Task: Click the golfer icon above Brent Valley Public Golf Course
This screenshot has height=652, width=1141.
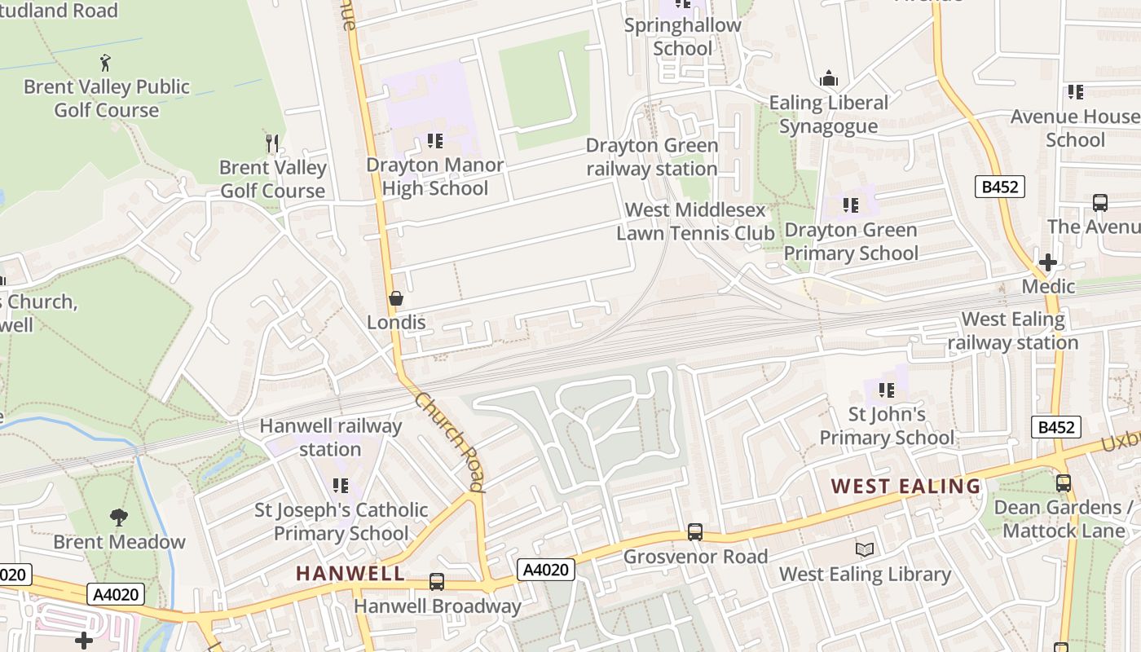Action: pyautogui.click(x=104, y=62)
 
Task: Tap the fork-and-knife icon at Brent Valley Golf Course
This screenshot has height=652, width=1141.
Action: pyautogui.click(x=272, y=143)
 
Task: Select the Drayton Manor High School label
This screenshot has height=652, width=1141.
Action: pyautogui.click(x=435, y=177)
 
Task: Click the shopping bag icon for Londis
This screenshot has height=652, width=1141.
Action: pyautogui.click(x=395, y=298)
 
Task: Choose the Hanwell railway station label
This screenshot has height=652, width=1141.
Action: pyautogui.click(x=330, y=438)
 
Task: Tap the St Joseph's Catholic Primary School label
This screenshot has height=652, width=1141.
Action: pyautogui.click(x=341, y=522)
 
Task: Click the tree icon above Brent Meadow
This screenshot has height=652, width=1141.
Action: pyautogui.click(x=119, y=518)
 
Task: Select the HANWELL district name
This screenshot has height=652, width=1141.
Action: pyautogui.click(x=350, y=573)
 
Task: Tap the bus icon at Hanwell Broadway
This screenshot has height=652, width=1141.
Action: pyautogui.click(x=437, y=582)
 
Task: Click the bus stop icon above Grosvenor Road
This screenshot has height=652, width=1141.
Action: pyautogui.click(x=695, y=532)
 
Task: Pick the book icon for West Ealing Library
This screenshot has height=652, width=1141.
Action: pyautogui.click(x=865, y=550)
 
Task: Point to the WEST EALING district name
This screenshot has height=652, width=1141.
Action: pyautogui.click(x=905, y=487)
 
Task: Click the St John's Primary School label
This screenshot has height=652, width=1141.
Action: pyautogui.click(x=886, y=426)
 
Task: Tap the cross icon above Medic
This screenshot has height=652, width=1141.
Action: pyautogui.click(x=1048, y=262)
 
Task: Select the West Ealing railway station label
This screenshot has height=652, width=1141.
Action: pyautogui.click(x=1013, y=331)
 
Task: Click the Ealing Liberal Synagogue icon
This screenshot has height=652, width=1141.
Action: pyautogui.click(x=829, y=78)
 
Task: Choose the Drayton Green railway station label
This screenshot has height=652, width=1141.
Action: pyautogui.click(x=652, y=157)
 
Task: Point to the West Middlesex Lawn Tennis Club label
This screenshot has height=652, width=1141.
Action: pyautogui.click(x=695, y=222)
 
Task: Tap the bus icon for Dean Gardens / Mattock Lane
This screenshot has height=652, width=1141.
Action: pyautogui.click(x=1064, y=483)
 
